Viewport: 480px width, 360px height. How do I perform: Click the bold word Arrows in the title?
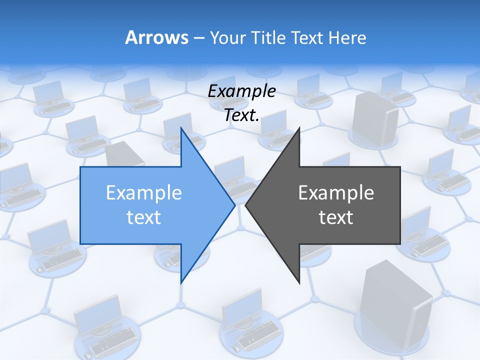pos(156,37)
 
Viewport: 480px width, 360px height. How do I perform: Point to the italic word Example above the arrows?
pos(241,91)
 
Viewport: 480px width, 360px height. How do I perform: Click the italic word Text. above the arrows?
pos(241,115)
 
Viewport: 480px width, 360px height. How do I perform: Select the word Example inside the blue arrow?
pos(144,192)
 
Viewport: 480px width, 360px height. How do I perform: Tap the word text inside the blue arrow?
pos(144,217)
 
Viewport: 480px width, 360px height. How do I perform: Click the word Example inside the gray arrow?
pos(336,192)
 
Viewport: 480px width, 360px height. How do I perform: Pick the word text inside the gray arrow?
pos(336,217)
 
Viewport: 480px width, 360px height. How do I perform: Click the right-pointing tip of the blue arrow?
pos(234,205)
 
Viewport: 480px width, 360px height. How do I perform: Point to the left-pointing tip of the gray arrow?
pos(246,205)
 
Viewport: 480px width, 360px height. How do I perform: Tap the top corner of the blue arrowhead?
pos(181,128)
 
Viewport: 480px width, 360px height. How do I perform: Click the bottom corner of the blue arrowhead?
pos(181,282)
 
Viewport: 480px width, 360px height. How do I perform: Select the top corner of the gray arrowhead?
pos(299,128)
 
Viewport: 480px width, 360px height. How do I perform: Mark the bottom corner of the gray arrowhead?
pos(299,282)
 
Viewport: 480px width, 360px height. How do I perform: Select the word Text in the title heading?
pos(307,37)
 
